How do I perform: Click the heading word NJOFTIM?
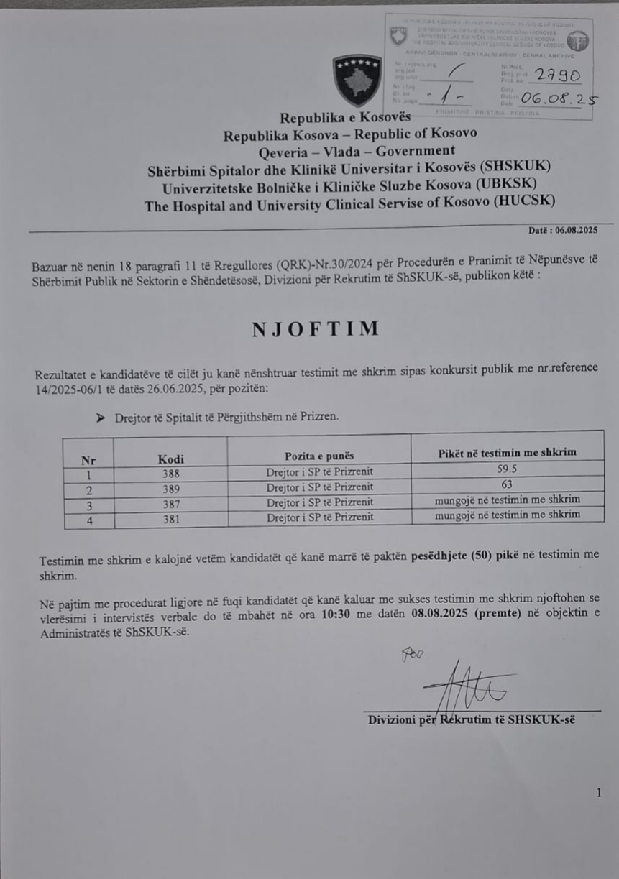coord(316,329)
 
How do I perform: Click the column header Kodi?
coord(171,459)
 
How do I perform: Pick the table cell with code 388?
coord(171,474)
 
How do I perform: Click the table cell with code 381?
coord(171,517)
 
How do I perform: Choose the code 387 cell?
coord(171,502)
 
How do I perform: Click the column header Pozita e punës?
coord(319,456)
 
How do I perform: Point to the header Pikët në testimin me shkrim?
coord(508,452)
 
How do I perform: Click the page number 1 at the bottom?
coord(597,792)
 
